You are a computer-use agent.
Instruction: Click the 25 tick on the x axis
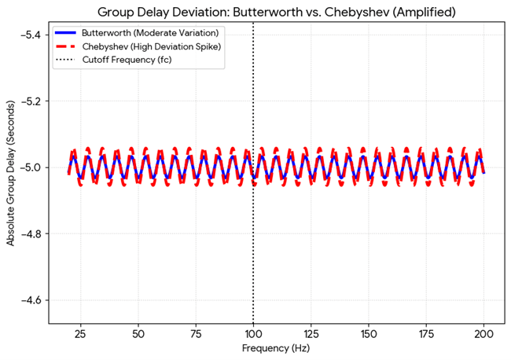(79, 334)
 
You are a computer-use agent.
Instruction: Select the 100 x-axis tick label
(253, 334)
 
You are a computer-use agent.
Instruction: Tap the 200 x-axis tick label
(484, 334)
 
